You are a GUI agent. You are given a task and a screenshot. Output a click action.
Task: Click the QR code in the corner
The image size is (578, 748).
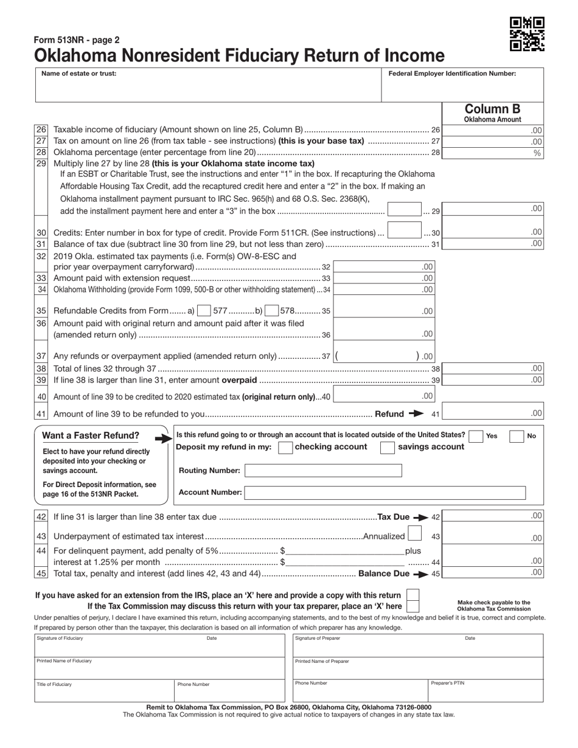(x=527, y=33)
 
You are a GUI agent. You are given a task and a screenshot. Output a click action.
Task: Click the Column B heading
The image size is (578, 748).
(x=492, y=109)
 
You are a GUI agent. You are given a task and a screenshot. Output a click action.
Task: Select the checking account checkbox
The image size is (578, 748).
(x=284, y=448)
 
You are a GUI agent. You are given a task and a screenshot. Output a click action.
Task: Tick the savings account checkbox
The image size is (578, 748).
(x=387, y=448)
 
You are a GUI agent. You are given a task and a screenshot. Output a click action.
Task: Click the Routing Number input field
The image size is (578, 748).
(x=323, y=471)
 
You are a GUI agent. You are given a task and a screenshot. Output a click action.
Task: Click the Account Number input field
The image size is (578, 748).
(x=385, y=493)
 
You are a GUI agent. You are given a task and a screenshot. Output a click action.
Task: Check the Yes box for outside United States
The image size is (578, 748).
(x=476, y=436)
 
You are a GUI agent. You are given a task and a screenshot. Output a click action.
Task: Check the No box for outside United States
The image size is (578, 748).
(x=516, y=436)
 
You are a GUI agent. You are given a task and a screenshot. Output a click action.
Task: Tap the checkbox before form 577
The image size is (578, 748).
(x=204, y=311)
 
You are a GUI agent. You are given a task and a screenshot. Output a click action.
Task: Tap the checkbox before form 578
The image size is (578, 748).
(x=272, y=311)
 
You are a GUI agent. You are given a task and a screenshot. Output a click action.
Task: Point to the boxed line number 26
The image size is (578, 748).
(x=41, y=130)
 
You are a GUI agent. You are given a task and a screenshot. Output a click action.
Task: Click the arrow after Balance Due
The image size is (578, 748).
(x=420, y=573)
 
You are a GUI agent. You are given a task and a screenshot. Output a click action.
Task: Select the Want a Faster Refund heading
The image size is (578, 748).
(x=91, y=435)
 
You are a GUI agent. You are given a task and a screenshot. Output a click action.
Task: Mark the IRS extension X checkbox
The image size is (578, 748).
(x=413, y=595)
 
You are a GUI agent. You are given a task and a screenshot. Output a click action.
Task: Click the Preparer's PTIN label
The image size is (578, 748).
(x=448, y=684)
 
